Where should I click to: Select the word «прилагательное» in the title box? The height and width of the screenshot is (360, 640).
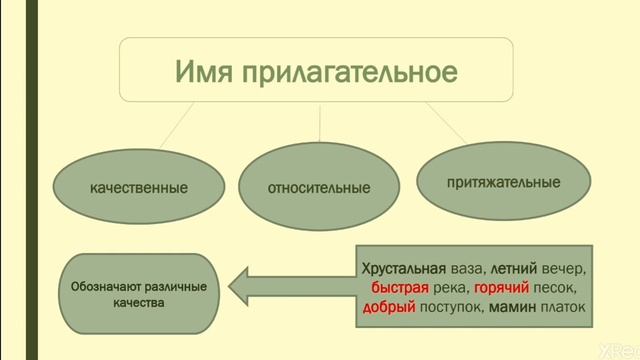349,73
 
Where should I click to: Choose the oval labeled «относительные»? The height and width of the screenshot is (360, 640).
319,187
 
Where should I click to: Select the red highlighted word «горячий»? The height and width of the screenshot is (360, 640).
502,288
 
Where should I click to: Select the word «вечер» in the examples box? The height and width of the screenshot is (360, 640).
565,269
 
